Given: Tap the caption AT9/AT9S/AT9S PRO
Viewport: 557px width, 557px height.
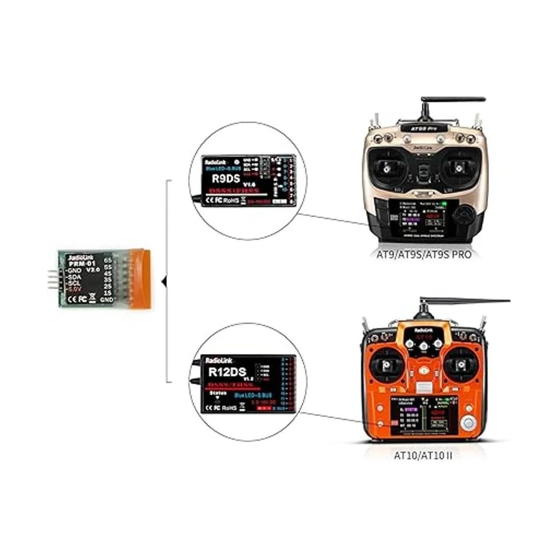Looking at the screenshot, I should click(424, 254).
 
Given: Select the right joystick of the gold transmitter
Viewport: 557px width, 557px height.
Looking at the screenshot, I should click(460, 169).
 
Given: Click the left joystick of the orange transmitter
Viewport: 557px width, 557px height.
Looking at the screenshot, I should click(385, 366).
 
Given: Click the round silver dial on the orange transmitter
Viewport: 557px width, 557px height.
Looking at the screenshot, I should click(469, 423).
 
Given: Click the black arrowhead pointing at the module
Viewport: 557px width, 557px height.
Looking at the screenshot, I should click(162, 281).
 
